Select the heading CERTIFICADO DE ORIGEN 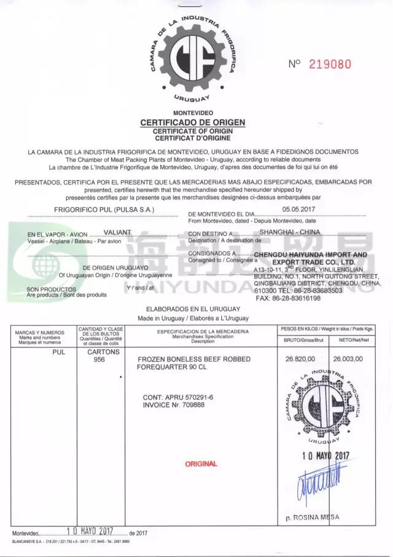click(192, 122)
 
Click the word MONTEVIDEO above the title click(192, 113)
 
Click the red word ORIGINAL click(201, 464)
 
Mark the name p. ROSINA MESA click(312, 517)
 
